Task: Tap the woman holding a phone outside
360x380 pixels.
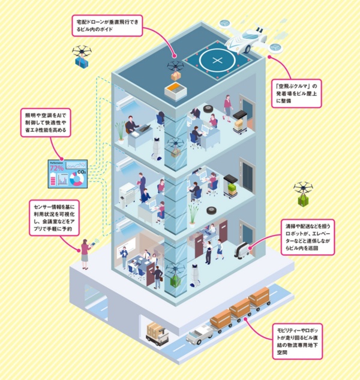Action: [85, 252]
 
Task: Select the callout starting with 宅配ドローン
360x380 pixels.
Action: [112, 25]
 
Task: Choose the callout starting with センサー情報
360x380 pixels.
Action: [52, 216]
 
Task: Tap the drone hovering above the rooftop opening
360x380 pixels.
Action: [176, 67]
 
